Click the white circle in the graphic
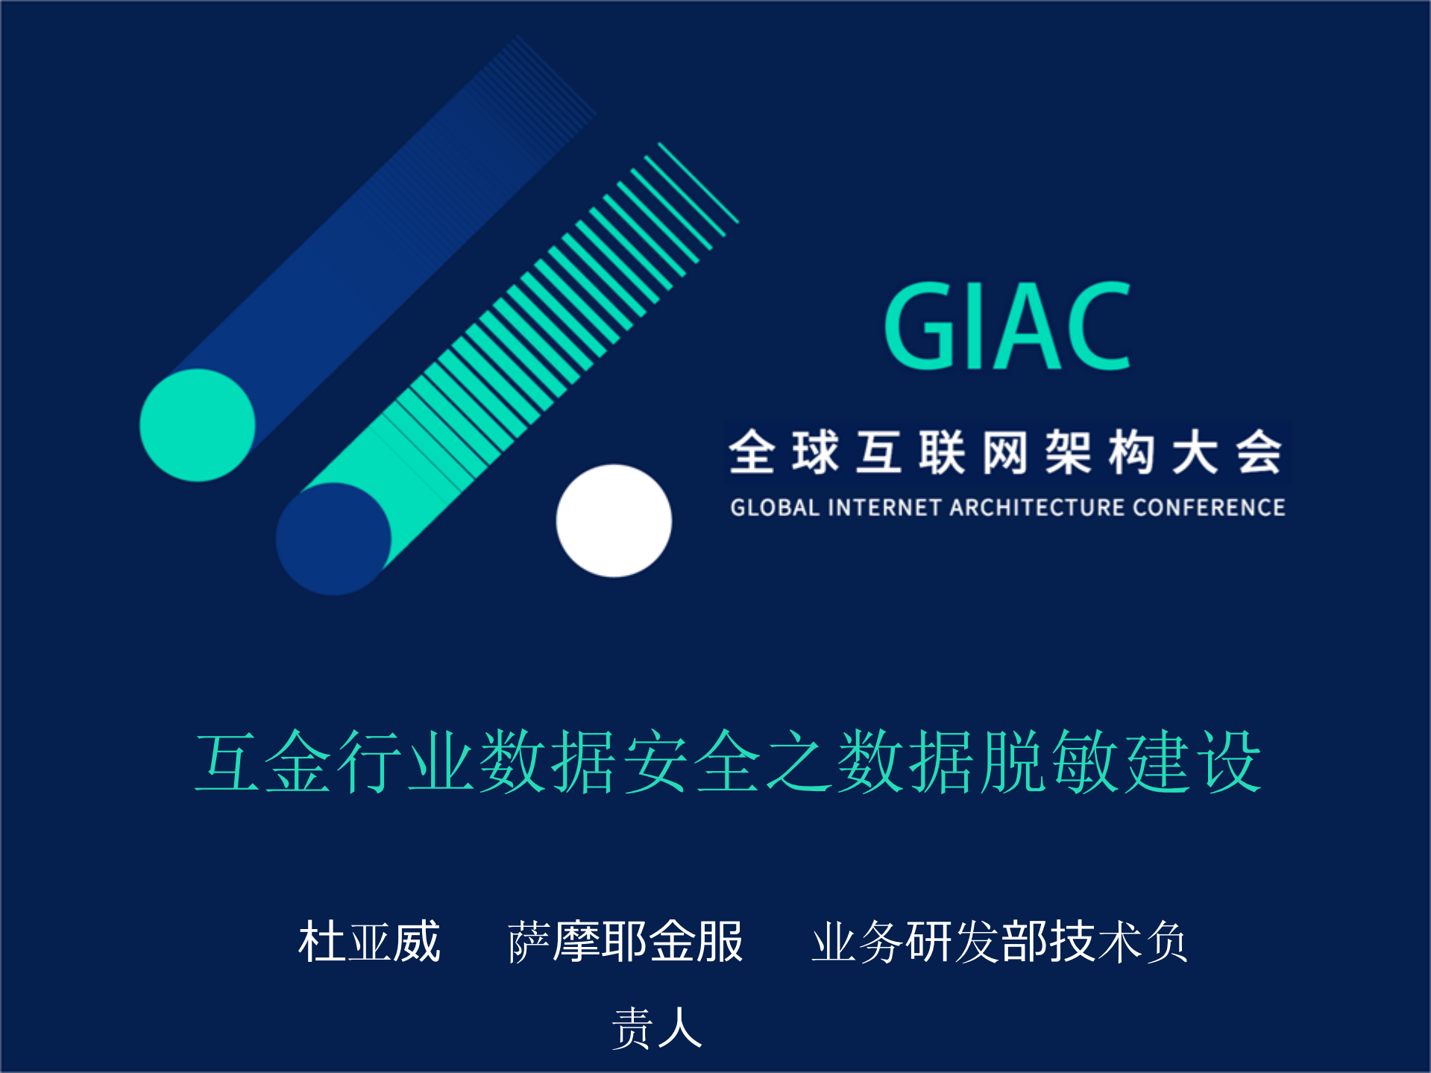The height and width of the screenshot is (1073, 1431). coord(614,520)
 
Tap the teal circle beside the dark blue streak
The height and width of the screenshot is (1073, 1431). coord(198,425)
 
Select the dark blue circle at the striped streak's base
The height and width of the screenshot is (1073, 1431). coord(333,538)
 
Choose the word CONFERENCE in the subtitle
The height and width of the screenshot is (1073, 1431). coord(1208,508)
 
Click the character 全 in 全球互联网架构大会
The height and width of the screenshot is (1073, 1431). coord(752,452)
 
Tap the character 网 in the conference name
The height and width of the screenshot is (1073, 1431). coord(1005,452)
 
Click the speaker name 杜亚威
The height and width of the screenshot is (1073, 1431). coord(369,942)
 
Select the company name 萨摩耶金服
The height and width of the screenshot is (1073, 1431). coord(625,942)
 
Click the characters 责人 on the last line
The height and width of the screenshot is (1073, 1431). coord(656,1028)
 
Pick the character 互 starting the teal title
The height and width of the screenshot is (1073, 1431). coord(227,761)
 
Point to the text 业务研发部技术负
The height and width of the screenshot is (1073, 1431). coord(999,942)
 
